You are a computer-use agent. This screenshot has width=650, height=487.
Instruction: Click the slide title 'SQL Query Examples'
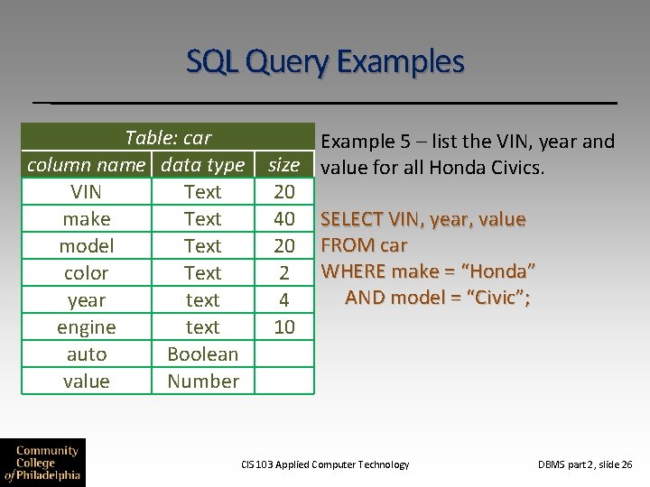coord(325,61)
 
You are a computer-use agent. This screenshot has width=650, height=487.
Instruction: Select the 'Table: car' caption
coord(168,138)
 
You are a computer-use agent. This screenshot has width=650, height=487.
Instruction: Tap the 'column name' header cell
coord(86,165)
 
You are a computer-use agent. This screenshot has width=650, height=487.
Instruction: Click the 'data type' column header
coord(202,165)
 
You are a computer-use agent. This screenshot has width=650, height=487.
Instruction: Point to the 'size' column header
coord(283,165)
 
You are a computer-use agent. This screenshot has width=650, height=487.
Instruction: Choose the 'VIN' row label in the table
coord(86,192)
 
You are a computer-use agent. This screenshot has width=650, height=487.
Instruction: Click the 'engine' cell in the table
coord(86,327)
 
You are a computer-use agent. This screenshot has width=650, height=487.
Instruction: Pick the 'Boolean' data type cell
coord(202,354)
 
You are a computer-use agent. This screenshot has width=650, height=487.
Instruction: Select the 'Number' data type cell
coord(202,381)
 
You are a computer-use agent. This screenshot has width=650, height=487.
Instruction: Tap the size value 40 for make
coord(283,219)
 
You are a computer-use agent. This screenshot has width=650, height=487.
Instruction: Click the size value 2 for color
coord(283,273)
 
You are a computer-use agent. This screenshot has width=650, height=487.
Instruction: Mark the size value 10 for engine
coord(283,327)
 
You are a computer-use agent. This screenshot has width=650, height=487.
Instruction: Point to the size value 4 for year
coord(283,300)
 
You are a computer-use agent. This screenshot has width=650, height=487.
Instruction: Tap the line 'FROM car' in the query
coord(364,245)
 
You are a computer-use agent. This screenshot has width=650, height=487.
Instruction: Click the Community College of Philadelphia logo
coord(42,463)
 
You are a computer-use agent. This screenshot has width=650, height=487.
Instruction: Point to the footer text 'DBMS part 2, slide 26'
coord(585,464)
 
